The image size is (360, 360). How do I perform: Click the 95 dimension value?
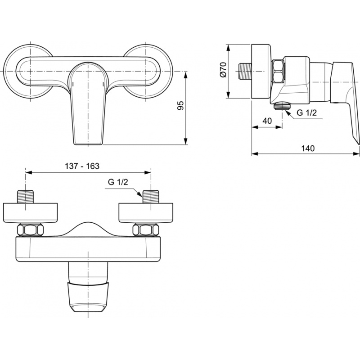181,105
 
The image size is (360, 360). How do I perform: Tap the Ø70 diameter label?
223,70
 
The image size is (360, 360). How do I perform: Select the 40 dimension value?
267,121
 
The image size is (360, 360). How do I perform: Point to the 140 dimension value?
308,148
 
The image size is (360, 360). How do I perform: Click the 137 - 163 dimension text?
82,166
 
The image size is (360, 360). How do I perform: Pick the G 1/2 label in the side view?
307,113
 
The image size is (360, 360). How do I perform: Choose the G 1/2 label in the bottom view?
118,182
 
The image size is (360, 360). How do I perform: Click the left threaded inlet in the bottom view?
26,196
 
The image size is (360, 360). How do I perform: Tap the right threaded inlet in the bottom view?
151,196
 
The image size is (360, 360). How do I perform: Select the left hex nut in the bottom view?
30,229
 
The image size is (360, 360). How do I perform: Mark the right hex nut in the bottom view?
146,229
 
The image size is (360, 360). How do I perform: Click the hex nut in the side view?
278,72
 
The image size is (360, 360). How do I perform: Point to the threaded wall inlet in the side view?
245,72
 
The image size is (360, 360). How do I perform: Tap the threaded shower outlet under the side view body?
282,106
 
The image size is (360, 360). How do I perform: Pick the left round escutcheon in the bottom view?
30,212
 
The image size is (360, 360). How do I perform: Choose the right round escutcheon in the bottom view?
146,212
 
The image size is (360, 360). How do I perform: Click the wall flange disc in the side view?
261,72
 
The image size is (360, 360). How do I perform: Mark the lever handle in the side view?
345,101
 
